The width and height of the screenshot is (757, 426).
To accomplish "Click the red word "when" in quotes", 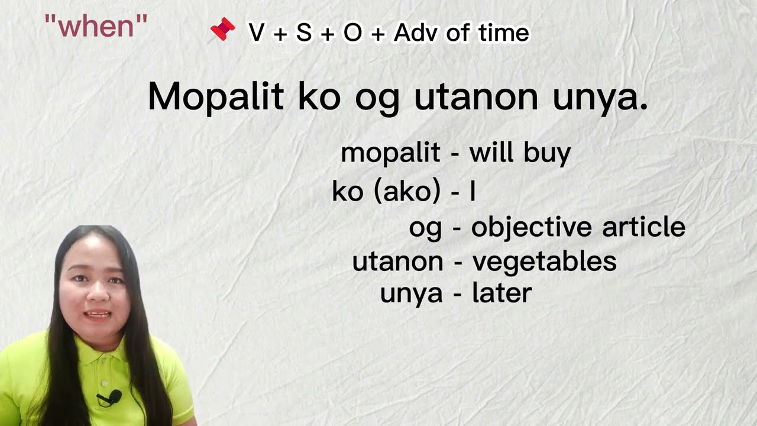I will (96, 27).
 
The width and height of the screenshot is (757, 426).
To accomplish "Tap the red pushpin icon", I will (223, 30).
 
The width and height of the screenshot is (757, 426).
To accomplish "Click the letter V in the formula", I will (257, 33).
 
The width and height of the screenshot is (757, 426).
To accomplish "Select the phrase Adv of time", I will (461, 33).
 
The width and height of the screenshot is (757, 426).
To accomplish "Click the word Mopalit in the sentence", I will (216, 96).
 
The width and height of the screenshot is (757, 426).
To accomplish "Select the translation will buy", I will (520, 153).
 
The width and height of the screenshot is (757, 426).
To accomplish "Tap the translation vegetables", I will (544, 262).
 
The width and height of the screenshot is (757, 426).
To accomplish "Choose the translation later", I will (502, 293).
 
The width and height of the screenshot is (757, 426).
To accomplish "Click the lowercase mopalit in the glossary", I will (390, 153).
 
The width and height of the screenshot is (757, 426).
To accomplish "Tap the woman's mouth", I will (98, 314).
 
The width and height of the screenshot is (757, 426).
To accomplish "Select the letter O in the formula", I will (352, 33).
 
